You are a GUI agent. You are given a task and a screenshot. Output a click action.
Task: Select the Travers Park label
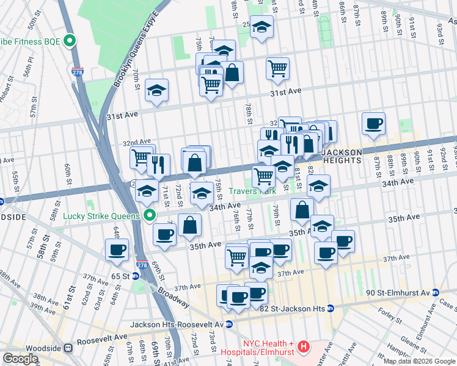pos(252,191)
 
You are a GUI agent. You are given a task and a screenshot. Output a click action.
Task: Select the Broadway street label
pos(172,296)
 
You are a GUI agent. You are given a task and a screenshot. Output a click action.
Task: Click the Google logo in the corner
pos(20,359)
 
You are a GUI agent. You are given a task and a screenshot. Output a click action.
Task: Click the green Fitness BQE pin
pos(70,41)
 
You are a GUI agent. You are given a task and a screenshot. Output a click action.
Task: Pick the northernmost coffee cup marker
pos(373,124)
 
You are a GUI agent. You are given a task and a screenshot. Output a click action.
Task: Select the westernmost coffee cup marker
pos(117,249)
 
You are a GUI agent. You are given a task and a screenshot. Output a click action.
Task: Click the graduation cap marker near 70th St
pos(156,91)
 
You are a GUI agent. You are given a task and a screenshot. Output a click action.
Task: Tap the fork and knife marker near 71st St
pos(158,163)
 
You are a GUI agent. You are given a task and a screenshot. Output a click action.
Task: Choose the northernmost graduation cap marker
pos(261,27)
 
